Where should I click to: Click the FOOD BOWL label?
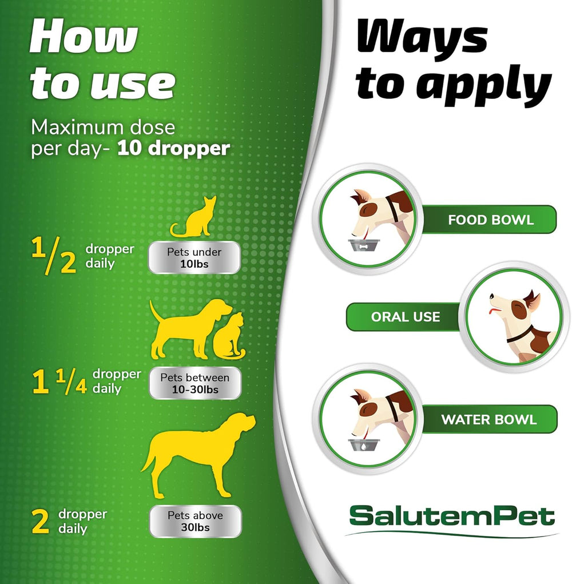tap(490, 220)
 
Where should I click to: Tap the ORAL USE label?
tap(405, 317)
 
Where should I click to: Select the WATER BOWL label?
tap(488, 419)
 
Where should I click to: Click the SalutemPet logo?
tap(452, 516)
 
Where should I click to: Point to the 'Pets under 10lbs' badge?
tap(194, 258)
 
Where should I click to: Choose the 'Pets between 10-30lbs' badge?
tap(194, 383)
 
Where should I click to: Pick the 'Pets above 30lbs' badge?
tap(195, 522)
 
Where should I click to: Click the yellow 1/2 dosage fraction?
tap(54, 256)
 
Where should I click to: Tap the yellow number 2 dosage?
tap(40, 522)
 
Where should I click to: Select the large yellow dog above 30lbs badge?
tap(198, 454)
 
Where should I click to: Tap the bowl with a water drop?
tap(364, 445)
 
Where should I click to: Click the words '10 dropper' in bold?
tap(173, 149)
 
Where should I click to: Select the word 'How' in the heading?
tap(84, 36)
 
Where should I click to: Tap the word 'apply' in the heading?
tap(484, 86)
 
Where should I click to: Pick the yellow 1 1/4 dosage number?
tap(59, 382)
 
